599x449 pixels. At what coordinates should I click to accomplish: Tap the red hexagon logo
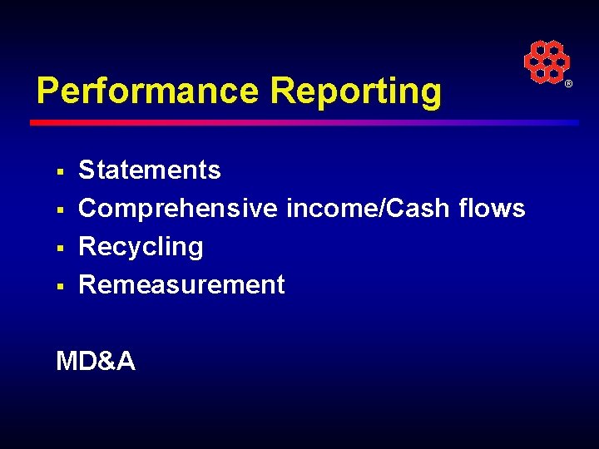(x=546, y=62)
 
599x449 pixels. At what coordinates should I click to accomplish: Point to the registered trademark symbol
(x=569, y=85)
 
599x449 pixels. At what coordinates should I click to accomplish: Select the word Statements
(x=150, y=170)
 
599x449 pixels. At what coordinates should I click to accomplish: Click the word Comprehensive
(x=178, y=208)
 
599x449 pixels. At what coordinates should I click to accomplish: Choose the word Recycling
(x=141, y=246)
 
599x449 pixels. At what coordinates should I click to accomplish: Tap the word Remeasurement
(x=181, y=284)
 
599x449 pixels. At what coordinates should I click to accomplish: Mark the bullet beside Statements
(x=60, y=171)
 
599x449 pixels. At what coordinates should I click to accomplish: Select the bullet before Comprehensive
(x=60, y=210)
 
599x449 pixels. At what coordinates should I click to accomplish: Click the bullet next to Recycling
(x=60, y=248)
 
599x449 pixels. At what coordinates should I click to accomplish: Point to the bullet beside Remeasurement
(x=60, y=286)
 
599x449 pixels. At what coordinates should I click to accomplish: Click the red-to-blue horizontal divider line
(x=304, y=122)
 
